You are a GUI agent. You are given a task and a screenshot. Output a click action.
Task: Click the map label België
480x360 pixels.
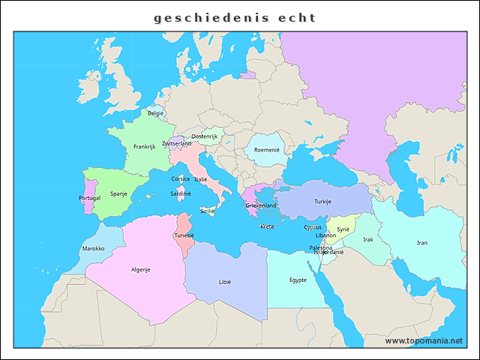155,113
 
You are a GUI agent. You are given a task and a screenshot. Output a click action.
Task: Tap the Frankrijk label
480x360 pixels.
144,147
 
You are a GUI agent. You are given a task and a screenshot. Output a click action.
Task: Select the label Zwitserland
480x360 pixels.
177,143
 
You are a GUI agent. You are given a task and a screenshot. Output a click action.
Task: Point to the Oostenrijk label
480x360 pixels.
204,136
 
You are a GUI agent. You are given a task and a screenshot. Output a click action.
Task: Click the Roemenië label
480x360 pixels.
267,150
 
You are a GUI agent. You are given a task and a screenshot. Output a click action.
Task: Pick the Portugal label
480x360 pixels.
89,198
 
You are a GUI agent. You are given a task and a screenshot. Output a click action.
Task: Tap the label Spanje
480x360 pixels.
119,193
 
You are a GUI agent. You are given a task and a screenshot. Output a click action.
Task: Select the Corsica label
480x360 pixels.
180,179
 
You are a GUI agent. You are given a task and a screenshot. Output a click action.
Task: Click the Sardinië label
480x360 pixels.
181,193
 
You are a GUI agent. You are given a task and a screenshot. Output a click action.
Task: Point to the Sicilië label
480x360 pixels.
207,211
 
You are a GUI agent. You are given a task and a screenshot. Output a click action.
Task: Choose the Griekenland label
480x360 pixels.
262,205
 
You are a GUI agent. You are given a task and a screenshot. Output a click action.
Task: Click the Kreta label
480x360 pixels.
267,226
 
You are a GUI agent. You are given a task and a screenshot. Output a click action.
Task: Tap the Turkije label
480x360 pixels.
322,202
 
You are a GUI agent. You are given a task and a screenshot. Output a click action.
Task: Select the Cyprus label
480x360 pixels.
313,227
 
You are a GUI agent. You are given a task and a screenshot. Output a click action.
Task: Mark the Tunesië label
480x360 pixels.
184,235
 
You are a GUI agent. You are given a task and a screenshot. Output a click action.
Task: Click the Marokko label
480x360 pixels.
93,248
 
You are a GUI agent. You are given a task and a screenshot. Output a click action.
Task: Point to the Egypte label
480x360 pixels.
298,280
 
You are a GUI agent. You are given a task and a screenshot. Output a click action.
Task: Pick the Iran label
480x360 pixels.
422,243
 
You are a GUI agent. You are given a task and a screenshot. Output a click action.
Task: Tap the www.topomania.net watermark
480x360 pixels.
424,340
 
